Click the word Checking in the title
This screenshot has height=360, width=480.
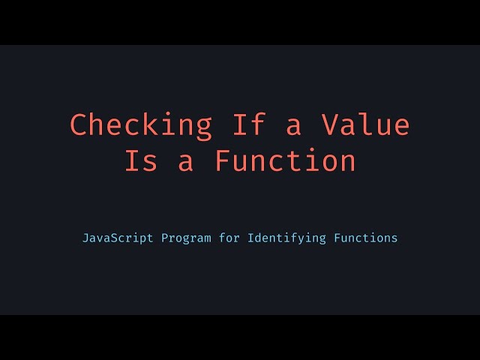coord(141,124)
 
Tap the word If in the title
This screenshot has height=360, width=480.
coord(248,124)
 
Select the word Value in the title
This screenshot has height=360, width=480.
coord(365,124)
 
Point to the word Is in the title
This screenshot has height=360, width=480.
coord(142,161)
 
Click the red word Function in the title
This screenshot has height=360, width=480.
coord(285,161)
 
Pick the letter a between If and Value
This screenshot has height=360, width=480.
coord(294,126)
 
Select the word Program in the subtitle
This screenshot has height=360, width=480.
coord(187,239)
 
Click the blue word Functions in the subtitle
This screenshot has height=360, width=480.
coord(363,238)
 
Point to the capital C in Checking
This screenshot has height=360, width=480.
coord(79,124)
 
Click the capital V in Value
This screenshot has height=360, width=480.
coord(330,124)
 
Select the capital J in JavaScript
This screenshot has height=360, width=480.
coord(85,238)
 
